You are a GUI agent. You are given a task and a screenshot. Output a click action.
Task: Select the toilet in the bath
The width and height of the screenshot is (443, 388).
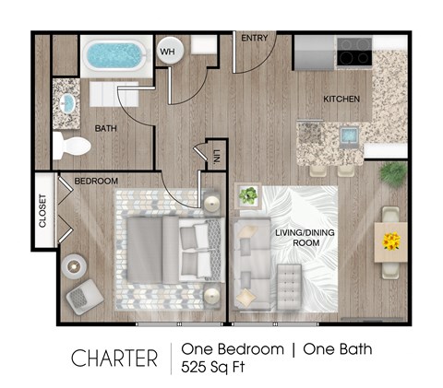(71, 145)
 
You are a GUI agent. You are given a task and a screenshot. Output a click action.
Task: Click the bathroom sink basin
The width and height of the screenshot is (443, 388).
(67, 100)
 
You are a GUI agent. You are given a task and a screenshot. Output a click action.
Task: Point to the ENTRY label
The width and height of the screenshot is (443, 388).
(254, 39)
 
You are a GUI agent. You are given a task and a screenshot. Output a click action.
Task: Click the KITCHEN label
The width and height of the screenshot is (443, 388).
(341, 100)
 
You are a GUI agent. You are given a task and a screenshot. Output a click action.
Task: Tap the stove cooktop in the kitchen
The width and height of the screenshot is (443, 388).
(354, 53)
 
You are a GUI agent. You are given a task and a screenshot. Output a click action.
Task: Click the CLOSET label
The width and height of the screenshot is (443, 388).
(42, 211)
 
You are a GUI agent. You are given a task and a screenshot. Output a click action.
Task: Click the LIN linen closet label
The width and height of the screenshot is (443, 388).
(216, 156)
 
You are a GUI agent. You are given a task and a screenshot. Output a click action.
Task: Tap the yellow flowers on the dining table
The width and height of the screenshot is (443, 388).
(391, 242)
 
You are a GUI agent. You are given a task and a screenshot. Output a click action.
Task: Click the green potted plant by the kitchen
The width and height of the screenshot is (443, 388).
(394, 173)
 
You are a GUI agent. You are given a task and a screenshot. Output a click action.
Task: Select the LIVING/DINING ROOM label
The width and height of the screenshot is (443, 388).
(302, 238)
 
